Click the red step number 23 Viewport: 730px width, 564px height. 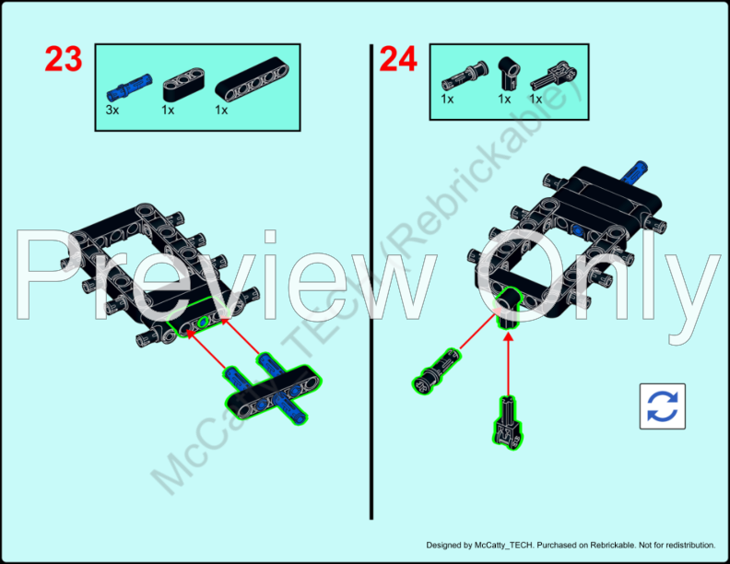pos(64,60)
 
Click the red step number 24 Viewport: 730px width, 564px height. pos(398,60)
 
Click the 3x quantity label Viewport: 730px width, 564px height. pos(113,110)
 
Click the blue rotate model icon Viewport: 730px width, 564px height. pos(663,405)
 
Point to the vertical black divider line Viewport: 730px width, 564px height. pos(371,276)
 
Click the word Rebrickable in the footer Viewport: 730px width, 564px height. pos(613,545)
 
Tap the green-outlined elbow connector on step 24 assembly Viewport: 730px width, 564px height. pos(509,306)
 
